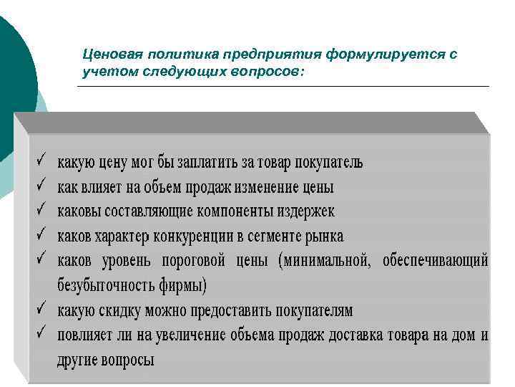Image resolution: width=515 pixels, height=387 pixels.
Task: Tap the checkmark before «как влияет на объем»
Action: click(x=42, y=186)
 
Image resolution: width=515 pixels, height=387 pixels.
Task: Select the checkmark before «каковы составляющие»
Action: click(x=42, y=211)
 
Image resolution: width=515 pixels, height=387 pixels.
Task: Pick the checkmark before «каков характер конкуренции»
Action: click(x=42, y=235)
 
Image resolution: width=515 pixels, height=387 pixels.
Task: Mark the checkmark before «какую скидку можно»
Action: click(x=42, y=310)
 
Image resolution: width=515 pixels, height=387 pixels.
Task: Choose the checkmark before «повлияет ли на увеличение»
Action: click(x=42, y=334)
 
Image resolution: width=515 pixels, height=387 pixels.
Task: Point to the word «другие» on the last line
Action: click(x=77, y=360)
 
